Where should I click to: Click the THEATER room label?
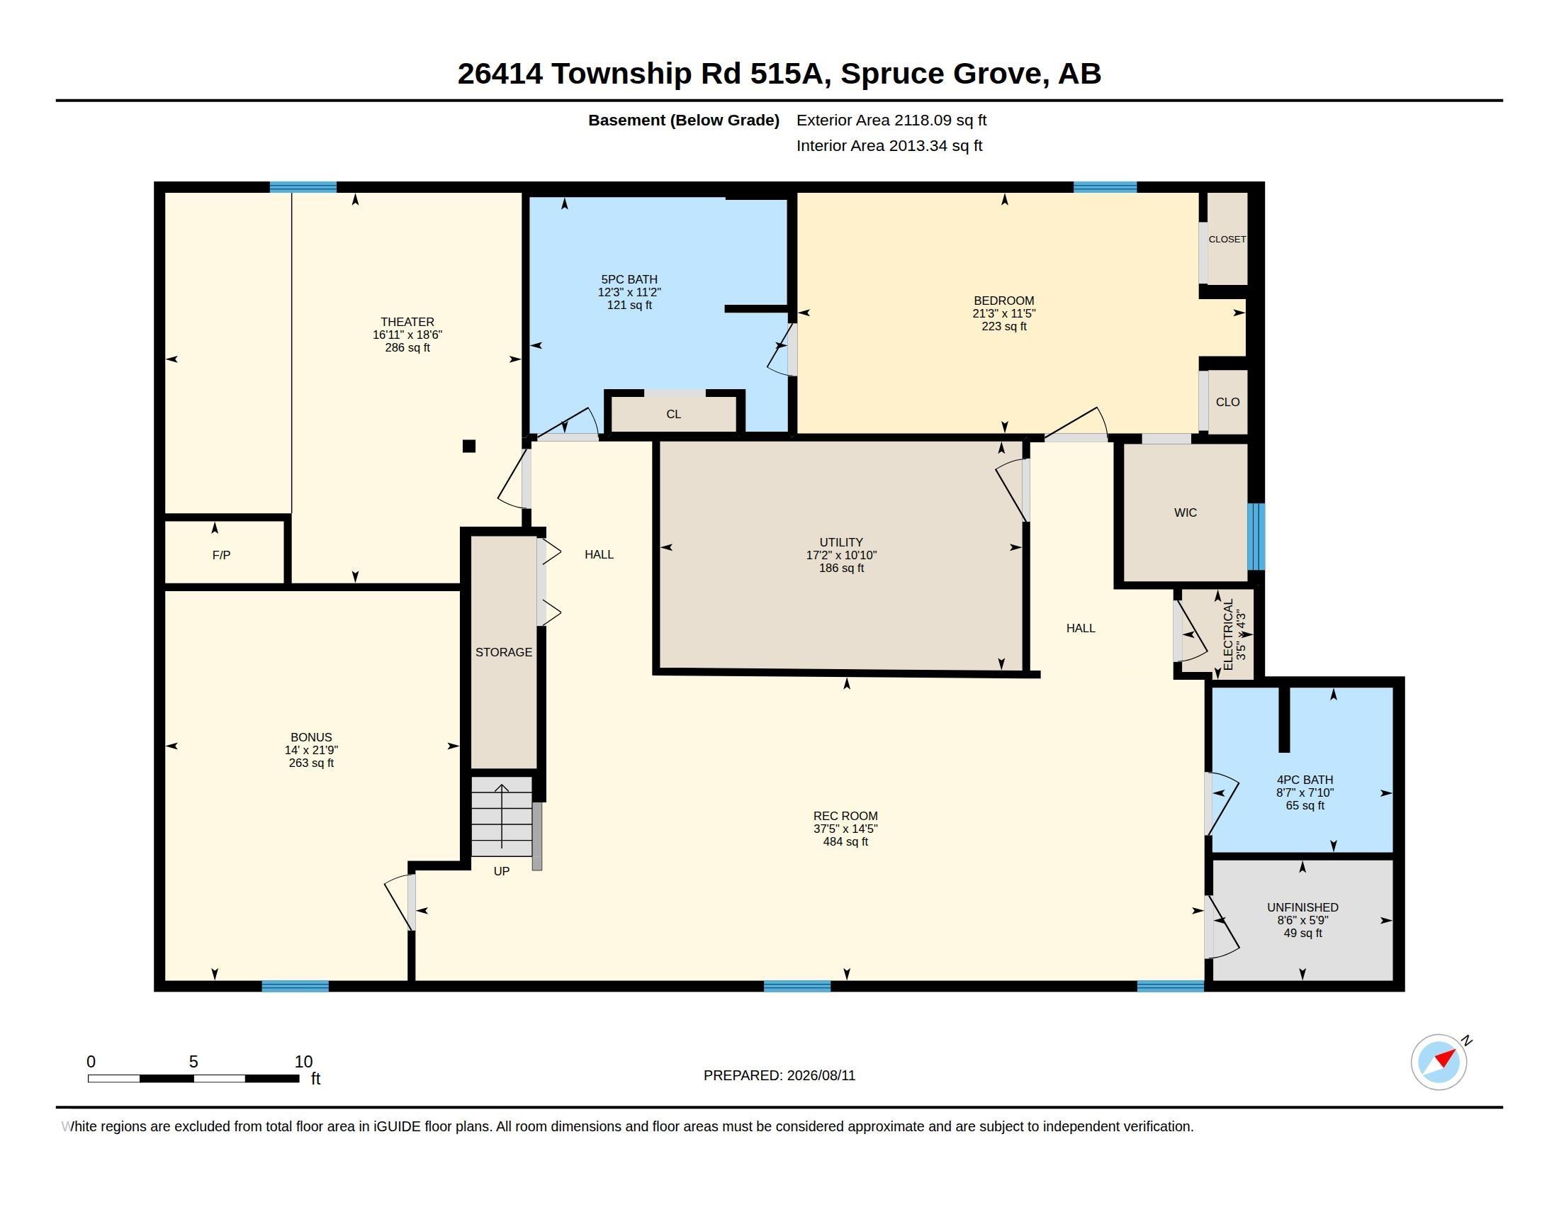407,322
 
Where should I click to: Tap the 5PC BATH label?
629,279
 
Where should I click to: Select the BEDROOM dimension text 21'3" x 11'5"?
1003,313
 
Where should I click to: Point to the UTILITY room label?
841,542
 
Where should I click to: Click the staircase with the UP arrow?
502,817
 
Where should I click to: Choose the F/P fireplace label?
221,555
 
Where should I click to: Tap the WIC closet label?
1185,512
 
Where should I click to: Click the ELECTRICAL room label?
1228,634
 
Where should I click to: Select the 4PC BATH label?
1305,780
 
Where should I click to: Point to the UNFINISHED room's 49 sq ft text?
1302,933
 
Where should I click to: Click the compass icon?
1439,1062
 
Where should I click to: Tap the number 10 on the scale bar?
303,1062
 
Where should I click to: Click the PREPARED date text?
779,1075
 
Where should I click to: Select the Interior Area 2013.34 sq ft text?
889,145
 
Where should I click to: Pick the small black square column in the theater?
469,446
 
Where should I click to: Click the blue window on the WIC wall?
1256,537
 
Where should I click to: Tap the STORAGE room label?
504,651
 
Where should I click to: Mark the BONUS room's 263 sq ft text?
311,763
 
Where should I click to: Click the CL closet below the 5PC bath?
674,414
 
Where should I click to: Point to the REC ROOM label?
845,816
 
